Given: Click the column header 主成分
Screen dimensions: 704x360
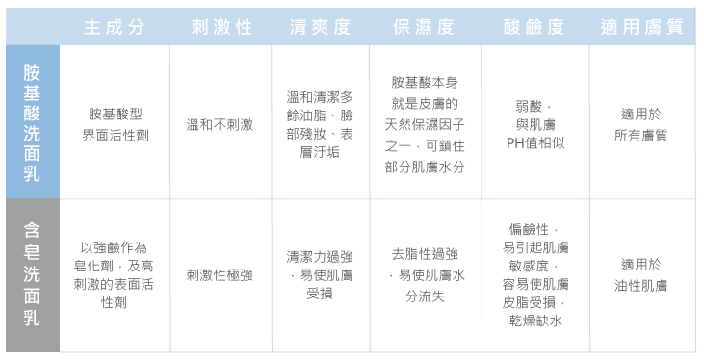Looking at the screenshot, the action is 115,27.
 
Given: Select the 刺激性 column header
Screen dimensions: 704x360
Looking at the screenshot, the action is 222,27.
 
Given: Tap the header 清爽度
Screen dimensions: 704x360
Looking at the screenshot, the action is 320,27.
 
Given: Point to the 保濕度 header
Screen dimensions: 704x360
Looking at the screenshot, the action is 424,27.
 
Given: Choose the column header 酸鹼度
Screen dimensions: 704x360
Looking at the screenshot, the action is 534,27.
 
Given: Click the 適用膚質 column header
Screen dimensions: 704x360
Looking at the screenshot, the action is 642,27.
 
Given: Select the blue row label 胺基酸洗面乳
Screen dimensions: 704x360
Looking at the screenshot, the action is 32,123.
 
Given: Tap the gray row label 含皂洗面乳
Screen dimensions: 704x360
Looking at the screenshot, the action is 32,274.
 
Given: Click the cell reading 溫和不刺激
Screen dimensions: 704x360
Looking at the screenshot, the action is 220,124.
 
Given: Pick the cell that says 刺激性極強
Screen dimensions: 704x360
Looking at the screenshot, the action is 220,275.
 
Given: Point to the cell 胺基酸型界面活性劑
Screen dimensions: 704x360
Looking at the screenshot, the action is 116,124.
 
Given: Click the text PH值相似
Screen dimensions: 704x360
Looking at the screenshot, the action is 535,142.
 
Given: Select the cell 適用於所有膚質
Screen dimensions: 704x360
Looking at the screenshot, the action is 641,124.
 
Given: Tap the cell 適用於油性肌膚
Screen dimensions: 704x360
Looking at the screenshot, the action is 641,274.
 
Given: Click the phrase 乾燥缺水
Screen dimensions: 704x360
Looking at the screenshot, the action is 535,321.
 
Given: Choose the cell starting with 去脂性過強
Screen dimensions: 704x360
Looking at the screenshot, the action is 425,274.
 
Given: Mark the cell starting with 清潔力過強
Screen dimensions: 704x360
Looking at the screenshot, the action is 320,274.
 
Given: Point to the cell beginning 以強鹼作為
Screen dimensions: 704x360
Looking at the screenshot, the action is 114,274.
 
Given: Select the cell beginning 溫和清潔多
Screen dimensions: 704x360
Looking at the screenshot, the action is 320,124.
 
